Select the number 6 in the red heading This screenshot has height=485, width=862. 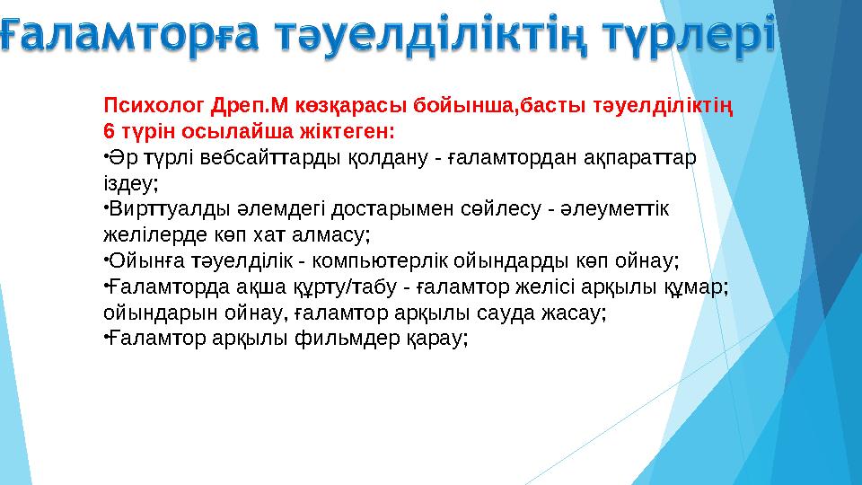109,132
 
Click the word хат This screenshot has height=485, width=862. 286,235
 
